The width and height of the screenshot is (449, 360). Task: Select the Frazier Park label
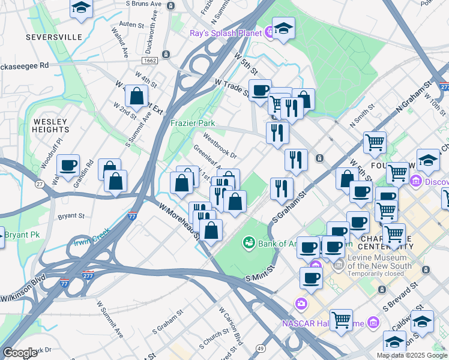point(192,122)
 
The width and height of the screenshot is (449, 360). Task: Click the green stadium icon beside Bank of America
point(248,243)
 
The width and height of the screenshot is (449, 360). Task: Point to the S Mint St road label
point(259,273)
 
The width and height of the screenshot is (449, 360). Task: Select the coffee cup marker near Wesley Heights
point(68,165)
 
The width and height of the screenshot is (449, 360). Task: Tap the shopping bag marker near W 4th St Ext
point(137,96)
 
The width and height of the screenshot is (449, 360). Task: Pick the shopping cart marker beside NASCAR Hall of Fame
point(341,319)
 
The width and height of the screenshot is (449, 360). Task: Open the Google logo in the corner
point(20,353)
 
